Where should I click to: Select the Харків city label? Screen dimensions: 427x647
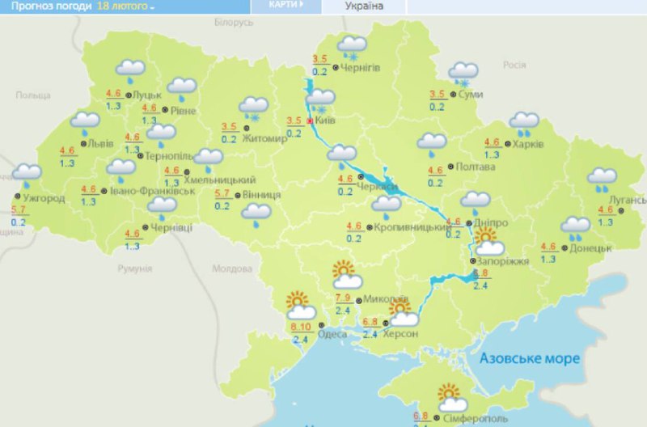point(528,144)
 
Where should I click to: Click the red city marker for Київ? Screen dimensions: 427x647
point(309,121)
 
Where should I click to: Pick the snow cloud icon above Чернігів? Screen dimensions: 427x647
point(351,46)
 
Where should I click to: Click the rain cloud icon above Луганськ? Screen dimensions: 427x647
point(602,179)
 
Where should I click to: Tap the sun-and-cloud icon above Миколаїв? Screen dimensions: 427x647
point(346,276)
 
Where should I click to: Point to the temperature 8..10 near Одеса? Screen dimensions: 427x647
point(300,327)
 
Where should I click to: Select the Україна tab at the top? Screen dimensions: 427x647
point(364,6)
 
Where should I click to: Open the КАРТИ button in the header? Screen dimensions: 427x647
point(287,6)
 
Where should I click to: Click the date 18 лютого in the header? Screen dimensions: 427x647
point(123,6)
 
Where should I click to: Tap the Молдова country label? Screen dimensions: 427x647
point(231,269)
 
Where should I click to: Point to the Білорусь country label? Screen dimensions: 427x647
point(235,23)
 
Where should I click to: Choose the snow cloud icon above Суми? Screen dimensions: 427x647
point(463,74)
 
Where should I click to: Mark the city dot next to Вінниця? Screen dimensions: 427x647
point(235,196)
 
